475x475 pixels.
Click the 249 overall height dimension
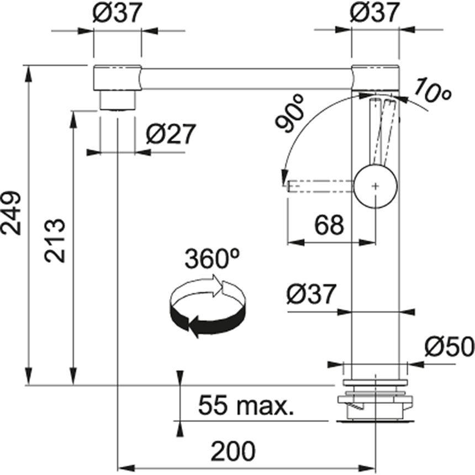(x=11, y=213)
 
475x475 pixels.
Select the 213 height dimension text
(x=55, y=240)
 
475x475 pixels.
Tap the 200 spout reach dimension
(x=233, y=451)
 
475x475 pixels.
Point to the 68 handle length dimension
(x=329, y=225)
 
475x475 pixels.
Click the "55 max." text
(x=246, y=405)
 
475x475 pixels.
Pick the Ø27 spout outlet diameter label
(x=171, y=134)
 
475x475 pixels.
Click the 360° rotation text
(x=212, y=258)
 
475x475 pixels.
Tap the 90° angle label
(x=289, y=114)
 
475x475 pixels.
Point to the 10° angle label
(x=431, y=90)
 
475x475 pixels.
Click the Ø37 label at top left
(x=117, y=13)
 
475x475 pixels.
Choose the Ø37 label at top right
(x=374, y=13)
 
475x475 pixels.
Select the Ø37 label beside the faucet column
(x=312, y=293)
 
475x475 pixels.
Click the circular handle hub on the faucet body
(x=376, y=186)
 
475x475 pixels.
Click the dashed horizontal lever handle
(x=320, y=186)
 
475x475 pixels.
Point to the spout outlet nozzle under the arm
(x=117, y=101)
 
